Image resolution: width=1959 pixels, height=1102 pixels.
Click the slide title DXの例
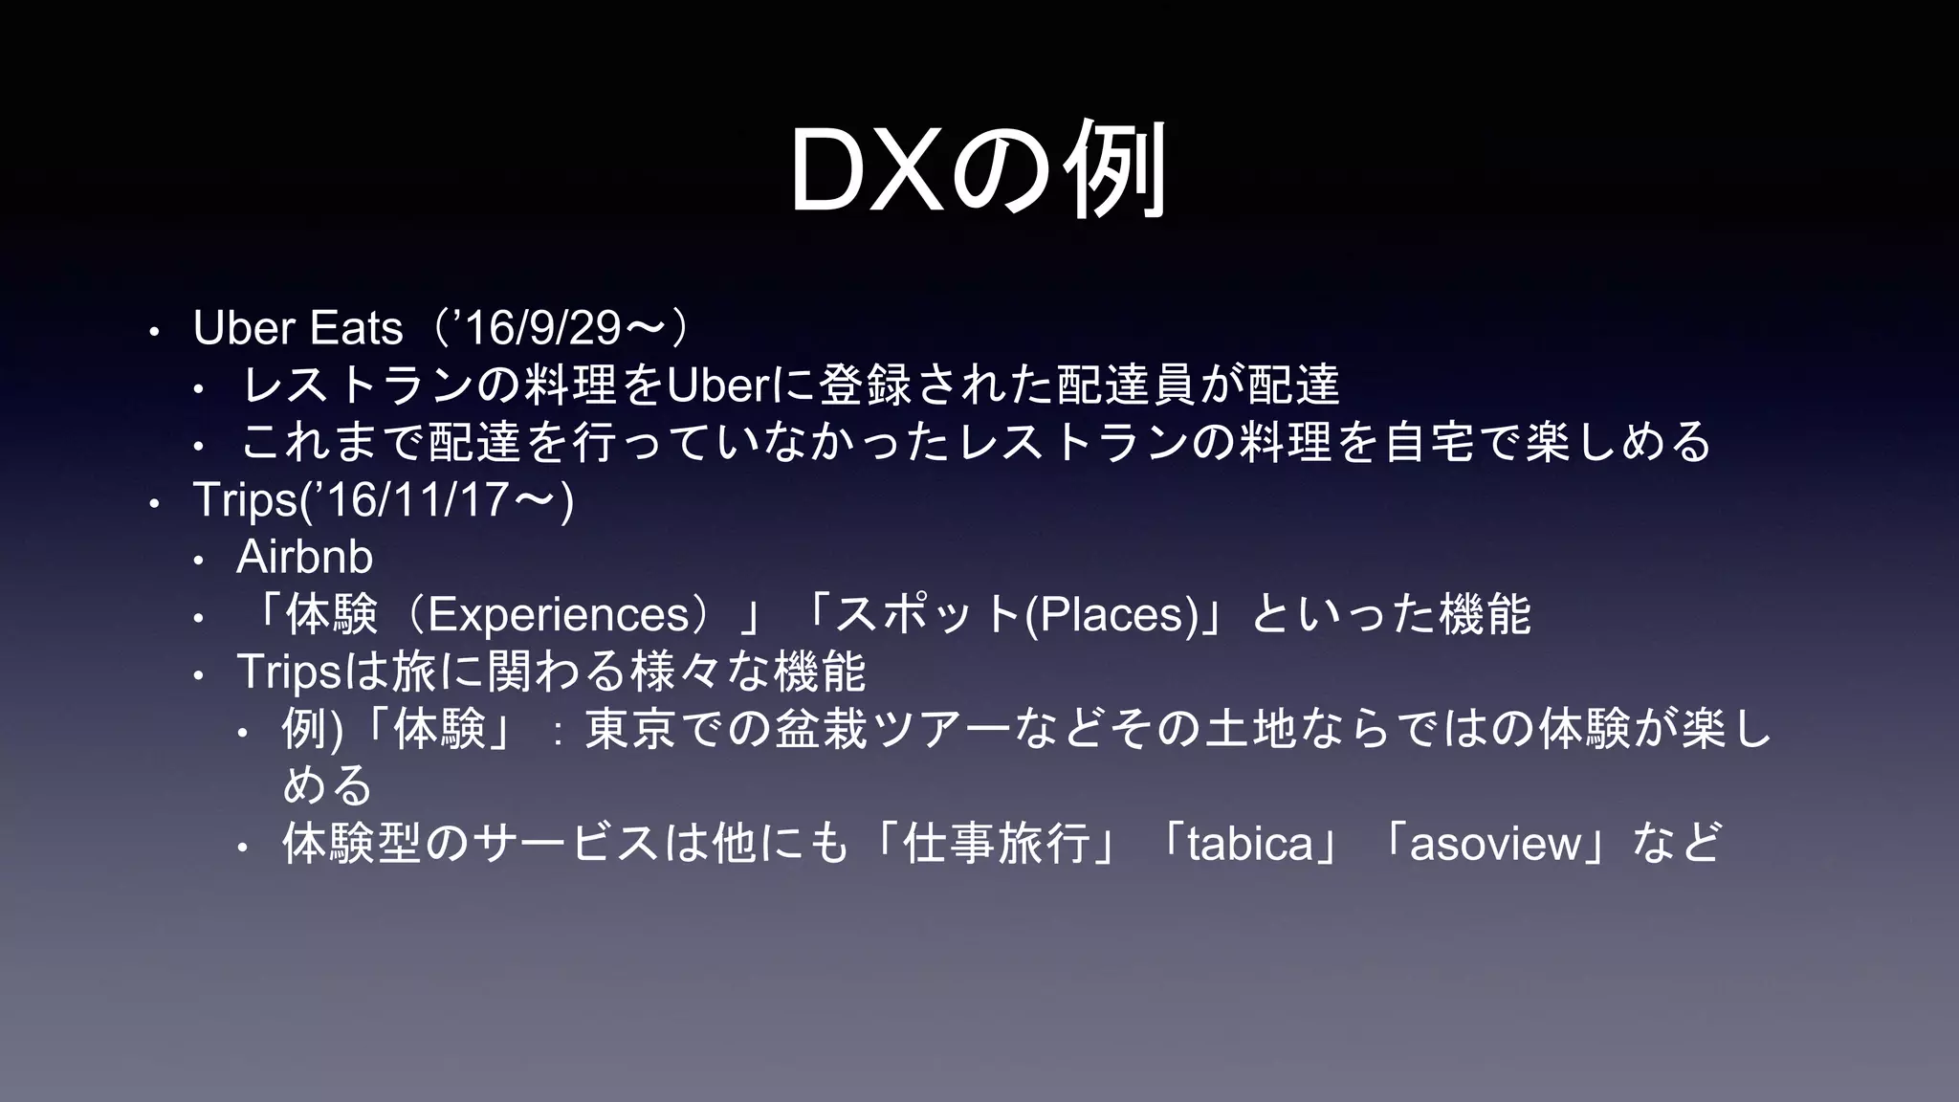pos(978,170)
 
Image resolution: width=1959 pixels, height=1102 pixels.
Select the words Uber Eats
pos(297,328)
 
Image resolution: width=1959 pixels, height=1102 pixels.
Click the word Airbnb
pos(304,557)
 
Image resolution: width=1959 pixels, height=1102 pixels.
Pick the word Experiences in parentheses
pos(559,614)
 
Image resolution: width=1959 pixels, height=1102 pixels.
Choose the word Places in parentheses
pos(1111,614)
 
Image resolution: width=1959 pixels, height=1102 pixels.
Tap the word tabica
pos(1250,844)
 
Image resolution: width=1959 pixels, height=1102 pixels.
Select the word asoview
pos(1496,844)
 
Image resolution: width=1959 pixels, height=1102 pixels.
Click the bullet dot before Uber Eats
pos(153,332)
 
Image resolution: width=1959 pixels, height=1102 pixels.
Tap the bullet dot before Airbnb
pos(198,561)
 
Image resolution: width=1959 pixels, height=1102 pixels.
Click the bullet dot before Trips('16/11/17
pos(153,503)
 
